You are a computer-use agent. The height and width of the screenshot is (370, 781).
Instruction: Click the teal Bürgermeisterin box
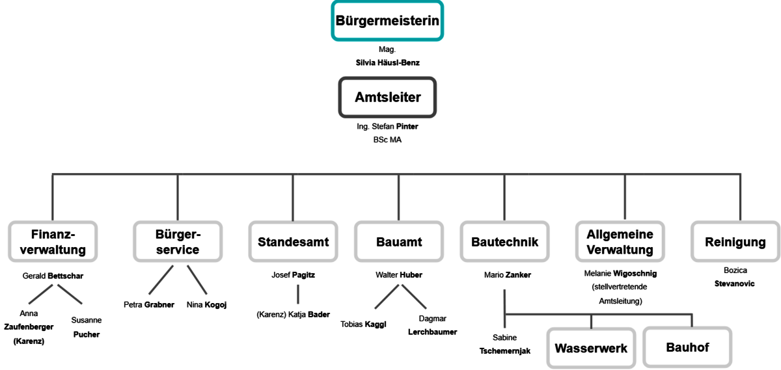[x=387, y=21]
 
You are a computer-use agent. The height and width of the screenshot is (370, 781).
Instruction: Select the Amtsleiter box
[x=387, y=97]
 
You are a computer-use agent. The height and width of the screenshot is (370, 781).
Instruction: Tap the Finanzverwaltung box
[x=53, y=241]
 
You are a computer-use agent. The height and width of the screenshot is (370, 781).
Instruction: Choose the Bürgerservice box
[x=178, y=241]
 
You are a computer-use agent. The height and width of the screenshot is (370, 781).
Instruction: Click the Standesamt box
[x=294, y=241]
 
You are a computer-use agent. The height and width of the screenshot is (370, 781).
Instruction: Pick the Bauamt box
[x=399, y=241]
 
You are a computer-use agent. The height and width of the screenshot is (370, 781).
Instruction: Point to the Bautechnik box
[x=504, y=241]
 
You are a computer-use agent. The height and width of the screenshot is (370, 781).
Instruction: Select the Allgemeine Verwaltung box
[x=620, y=241]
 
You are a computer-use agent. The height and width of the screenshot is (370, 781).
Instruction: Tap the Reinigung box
[x=735, y=241]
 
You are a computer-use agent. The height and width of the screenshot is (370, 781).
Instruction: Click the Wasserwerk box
[x=591, y=348]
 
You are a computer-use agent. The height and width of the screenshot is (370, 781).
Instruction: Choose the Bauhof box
[x=687, y=347]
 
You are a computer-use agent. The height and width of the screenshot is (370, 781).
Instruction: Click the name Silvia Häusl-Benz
[x=387, y=62]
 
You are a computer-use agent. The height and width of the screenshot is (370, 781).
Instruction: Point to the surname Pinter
[x=407, y=126]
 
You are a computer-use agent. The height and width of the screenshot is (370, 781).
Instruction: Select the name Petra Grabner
[x=149, y=305]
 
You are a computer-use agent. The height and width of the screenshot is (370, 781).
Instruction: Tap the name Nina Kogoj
[x=206, y=305]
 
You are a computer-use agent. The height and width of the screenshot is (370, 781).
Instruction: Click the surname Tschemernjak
[x=505, y=351]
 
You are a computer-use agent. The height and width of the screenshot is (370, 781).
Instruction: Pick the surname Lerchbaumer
[x=432, y=332]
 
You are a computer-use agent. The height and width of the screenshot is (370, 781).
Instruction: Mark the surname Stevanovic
[x=734, y=284]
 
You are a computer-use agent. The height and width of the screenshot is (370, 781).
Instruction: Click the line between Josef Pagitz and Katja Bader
[x=298, y=295]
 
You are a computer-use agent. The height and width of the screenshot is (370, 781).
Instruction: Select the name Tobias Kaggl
[x=363, y=324]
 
